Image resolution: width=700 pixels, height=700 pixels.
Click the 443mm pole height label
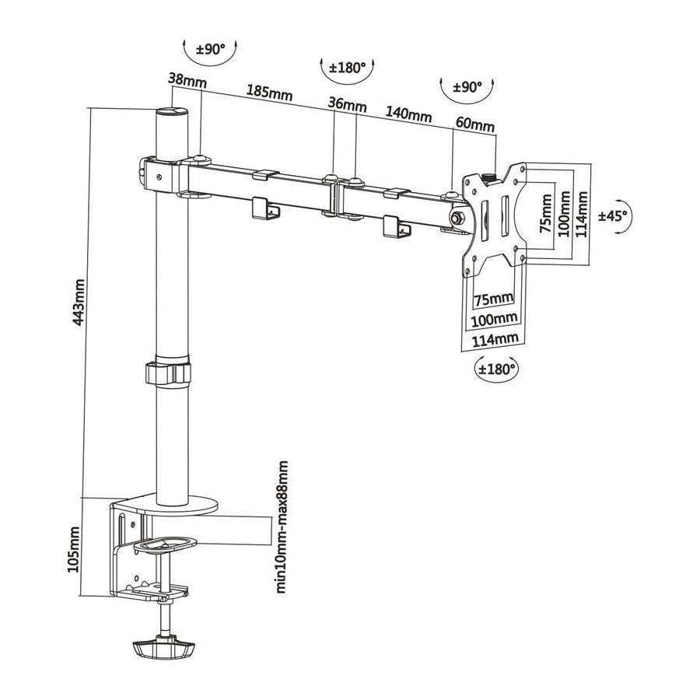79,309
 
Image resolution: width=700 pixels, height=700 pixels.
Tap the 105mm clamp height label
73,549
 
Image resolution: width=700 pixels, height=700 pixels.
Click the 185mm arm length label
270,93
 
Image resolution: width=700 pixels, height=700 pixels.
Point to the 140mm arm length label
408,113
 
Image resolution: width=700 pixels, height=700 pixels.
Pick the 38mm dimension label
187,81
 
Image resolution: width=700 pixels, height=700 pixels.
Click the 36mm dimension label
348,104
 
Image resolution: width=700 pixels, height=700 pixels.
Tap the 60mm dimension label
475,124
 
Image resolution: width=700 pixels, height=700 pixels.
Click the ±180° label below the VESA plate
496,369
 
